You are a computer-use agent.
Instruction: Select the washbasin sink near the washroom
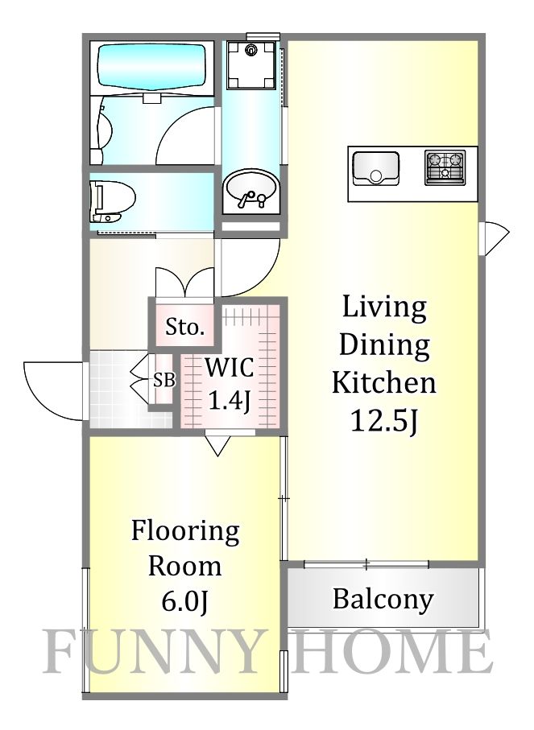[250, 191]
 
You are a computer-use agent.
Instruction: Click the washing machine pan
[251, 64]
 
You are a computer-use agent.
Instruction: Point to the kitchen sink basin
[375, 168]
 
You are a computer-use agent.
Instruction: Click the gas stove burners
[445, 167]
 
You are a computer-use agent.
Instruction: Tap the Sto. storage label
[185, 327]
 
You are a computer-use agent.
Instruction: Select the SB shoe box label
[164, 381]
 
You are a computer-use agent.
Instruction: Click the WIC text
[230, 368]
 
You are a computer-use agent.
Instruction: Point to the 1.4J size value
[230, 400]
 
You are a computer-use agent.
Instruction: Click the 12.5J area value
[383, 421]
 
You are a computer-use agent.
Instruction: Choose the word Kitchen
[384, 382]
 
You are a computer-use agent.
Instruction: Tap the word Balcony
[383, 600]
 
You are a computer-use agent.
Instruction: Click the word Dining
[384, 346]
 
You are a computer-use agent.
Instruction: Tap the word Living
[384, 308]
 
